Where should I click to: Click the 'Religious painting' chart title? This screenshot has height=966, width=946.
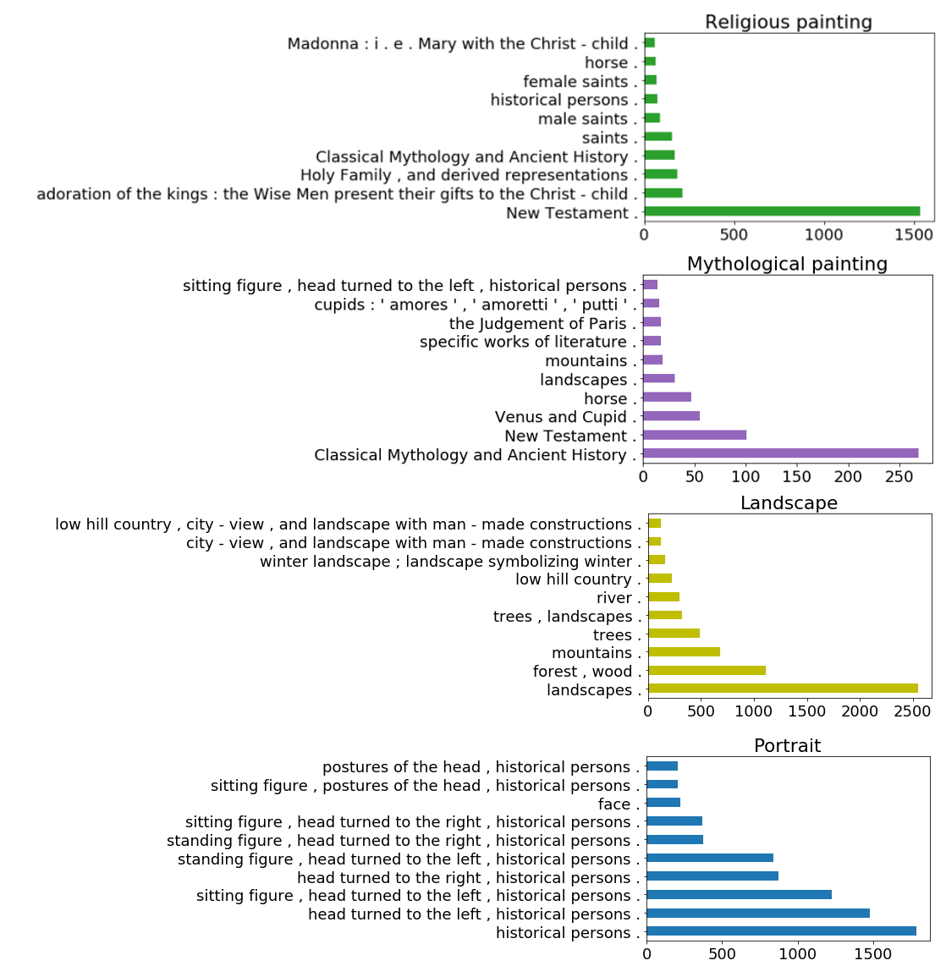(x=789, y=22)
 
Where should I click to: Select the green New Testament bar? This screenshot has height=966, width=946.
(x=782, y=211)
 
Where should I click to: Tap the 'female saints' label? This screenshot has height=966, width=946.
(x=575, y=81)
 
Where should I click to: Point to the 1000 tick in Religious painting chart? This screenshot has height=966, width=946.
(x=823, y=234)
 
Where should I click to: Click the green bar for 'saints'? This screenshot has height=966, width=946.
(x=658, y=136)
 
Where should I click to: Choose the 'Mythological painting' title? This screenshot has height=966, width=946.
(x=787, y=264)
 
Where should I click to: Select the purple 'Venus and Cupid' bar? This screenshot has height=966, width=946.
(x=671, y=416)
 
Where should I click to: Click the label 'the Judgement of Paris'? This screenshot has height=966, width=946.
(x=537, y=323)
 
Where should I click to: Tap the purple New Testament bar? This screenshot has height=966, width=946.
(x=695, y=435)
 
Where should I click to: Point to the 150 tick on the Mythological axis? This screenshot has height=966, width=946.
(x=797, y=477)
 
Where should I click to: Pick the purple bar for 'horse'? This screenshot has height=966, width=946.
(x=667, y=398)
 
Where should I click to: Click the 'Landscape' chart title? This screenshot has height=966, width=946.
(x=789, y=503)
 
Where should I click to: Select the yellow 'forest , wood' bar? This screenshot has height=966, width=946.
(x=707, y=670)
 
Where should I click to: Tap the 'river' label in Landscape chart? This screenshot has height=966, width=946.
(x=613, y=597)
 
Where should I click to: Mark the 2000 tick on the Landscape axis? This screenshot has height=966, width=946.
(x=860, y=711)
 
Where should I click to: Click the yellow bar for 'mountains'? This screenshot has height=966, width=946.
(x=684, y=652)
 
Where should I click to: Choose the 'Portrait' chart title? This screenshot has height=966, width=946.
(x=787, y=746)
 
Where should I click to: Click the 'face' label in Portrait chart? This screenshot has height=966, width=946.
(x=614, y=804)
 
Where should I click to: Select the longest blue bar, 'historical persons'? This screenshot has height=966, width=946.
(x=782, y=930)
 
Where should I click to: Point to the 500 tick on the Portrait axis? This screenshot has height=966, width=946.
(x=723, y=954)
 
